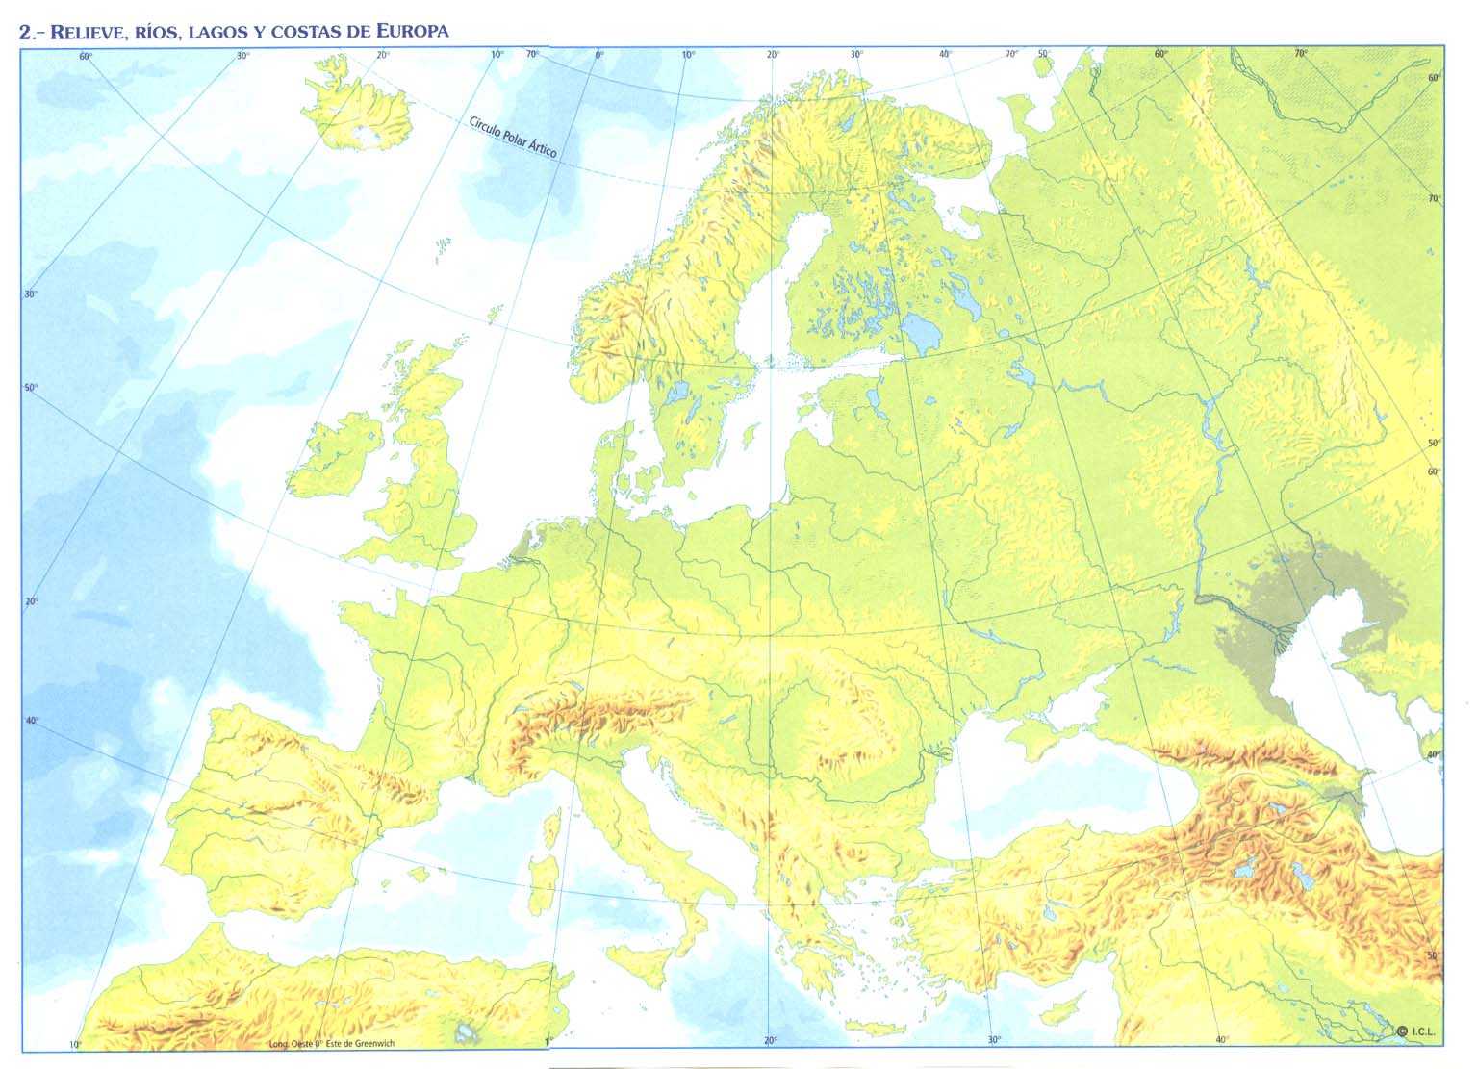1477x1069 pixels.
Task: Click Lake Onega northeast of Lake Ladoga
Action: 970,306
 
